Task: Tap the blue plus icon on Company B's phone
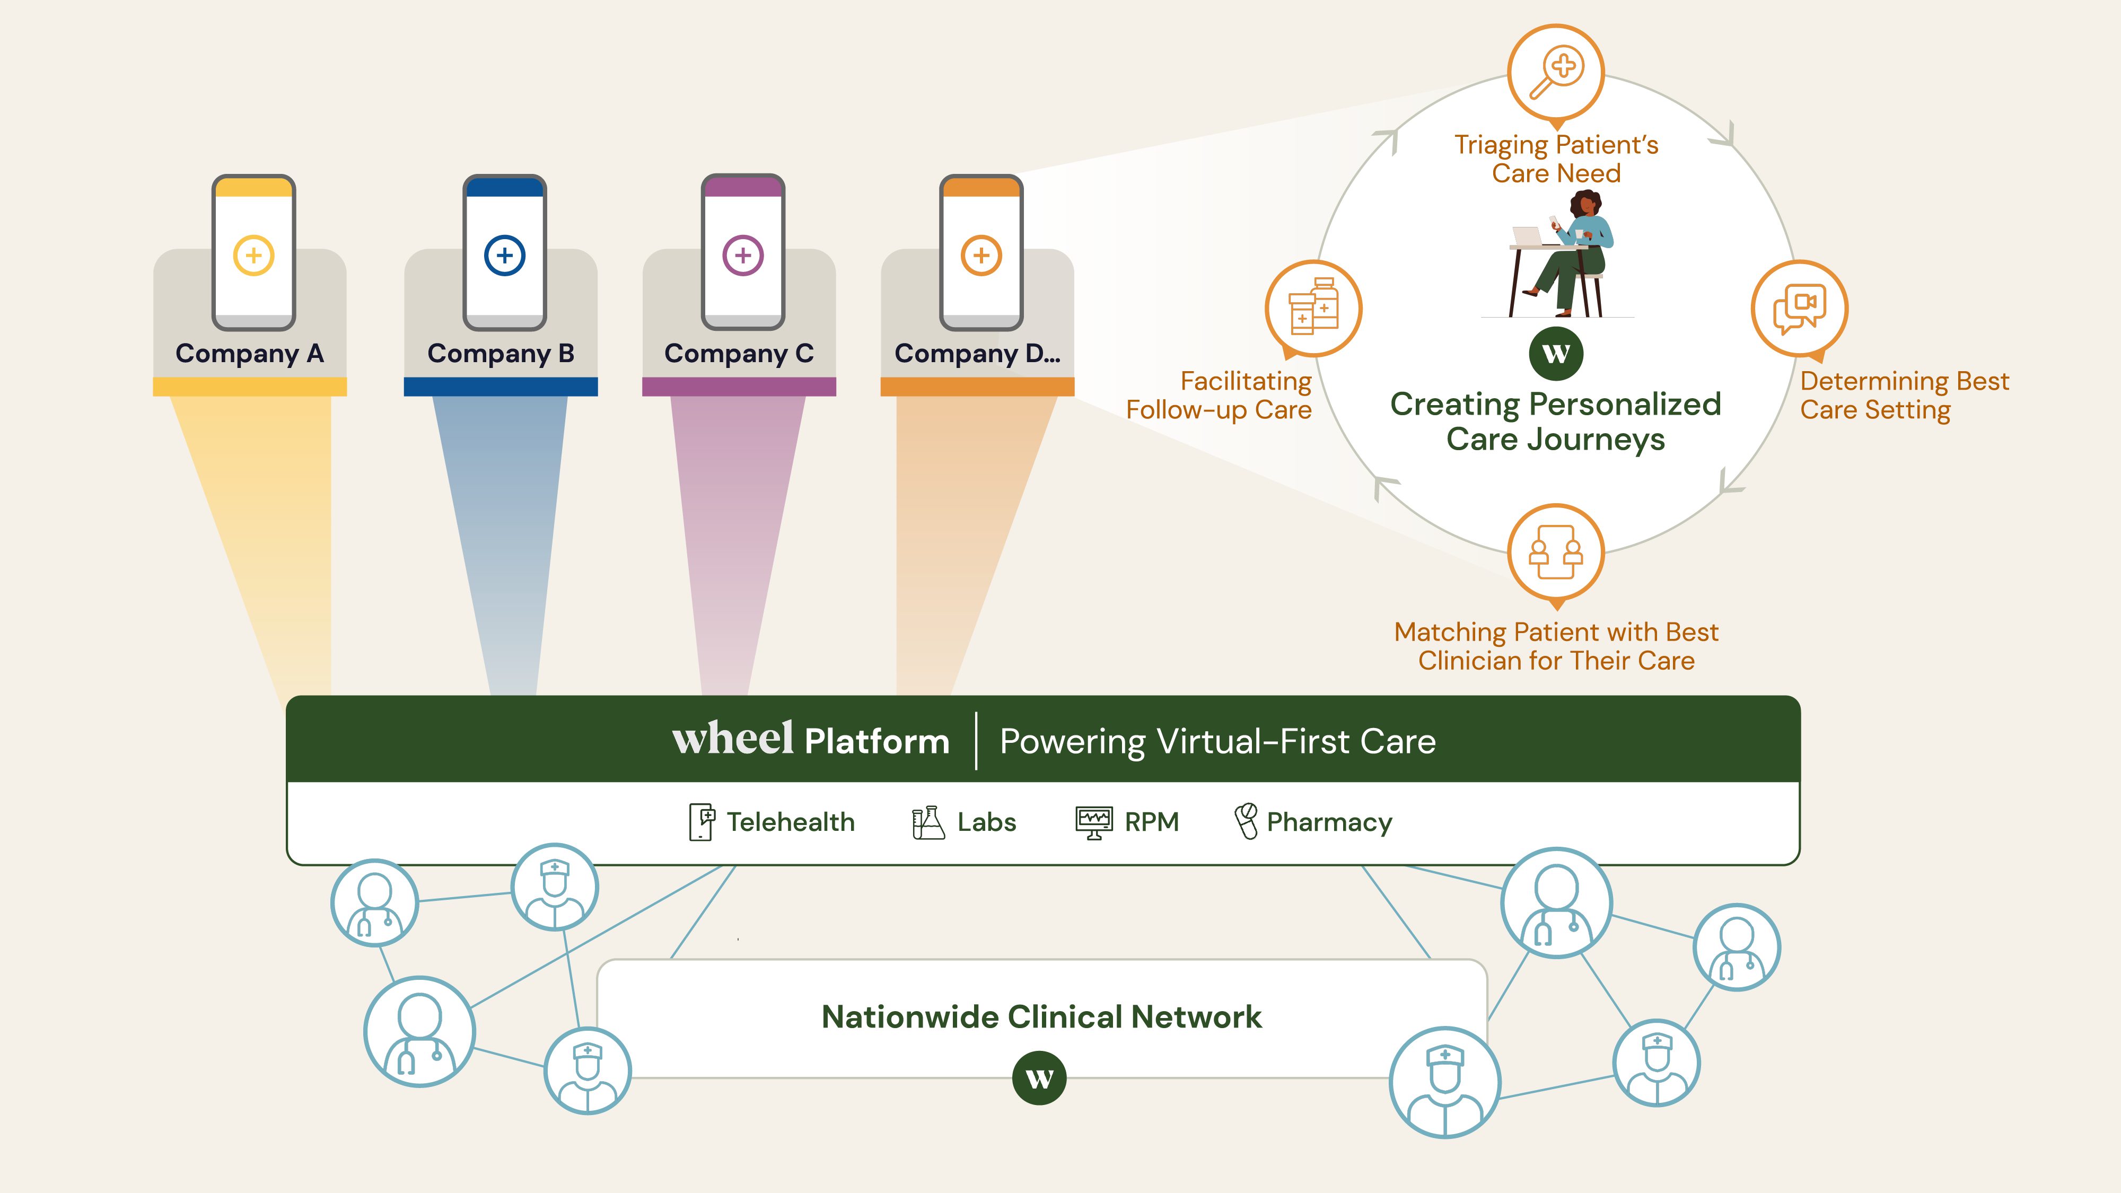tap(505, 255)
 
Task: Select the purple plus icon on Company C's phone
tap(743, 255)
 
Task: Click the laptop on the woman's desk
tap(1527, 237)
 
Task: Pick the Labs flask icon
tap(928, 822)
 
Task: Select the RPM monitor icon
tap(1093, 822)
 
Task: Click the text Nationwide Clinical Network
tap(1041, 1017)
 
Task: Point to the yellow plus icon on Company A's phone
tap(253, 255)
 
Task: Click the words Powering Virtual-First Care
tap(1217, 741)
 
